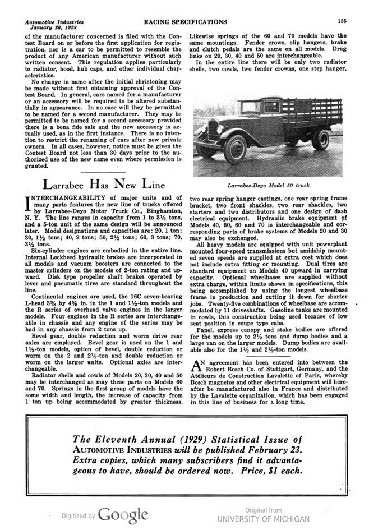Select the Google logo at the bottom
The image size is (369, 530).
click(x=123, y=514)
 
